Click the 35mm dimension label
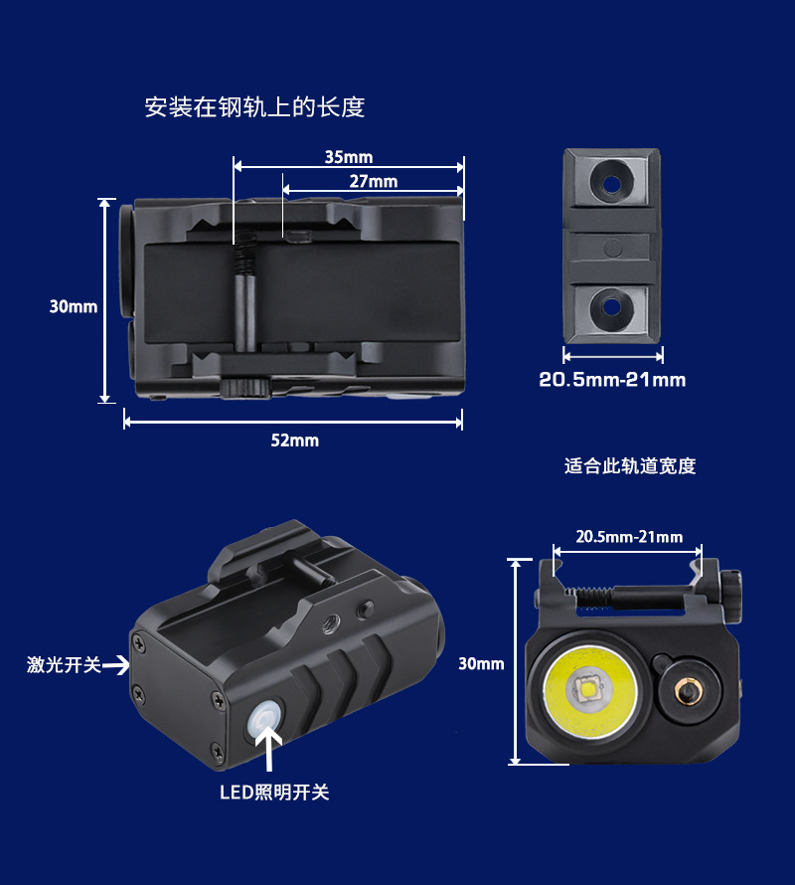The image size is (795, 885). point(348,157)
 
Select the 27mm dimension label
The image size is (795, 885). point(373,181)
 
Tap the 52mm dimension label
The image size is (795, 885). point(294,440)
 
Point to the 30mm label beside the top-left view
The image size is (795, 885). point(74,306)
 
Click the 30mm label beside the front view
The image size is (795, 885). point(481,663)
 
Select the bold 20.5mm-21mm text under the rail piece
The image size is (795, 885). point(612,379)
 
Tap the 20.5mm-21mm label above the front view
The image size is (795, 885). point(629,537)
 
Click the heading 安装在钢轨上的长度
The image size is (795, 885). point(254,107)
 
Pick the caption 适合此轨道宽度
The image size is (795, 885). point(630,465)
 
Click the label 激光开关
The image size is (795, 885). point(64,664)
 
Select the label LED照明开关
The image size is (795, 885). point(273,793)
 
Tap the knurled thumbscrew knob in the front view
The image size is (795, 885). point(732,596)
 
